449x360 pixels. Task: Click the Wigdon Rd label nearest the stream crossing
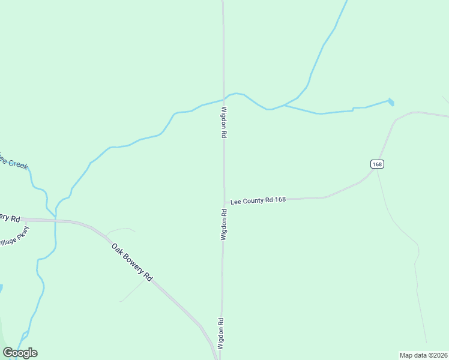pyautogui.click(x=224, y=123)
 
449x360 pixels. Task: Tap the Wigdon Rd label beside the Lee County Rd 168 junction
pyautogui.click(x=223, y=224)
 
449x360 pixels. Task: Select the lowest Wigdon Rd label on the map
pyautogui.click(x=221, y=334)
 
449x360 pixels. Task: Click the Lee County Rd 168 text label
pyautogui.click(x=258, y=200)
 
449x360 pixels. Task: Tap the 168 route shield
pyautogui.click(x=376, y=164)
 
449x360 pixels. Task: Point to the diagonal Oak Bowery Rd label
pyautogui.click(x=131, y=262)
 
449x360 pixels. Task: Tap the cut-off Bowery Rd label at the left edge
pyautogui.click(x=10, y=217)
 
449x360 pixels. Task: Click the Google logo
pyautogui.click(x=20, y=353)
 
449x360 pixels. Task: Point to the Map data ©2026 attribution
pyautogui.click(x=424, y=355)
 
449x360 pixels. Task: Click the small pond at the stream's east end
pyautogui.click(x=391, y=102)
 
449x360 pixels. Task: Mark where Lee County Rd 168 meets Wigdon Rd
pyautogui.click(x=224, y=203)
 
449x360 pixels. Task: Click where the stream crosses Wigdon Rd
pyautogui.click(x=224, y=98)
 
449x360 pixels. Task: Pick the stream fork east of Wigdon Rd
pyautogui.click(x=284, y=105)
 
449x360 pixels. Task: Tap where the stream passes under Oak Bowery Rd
pyautogui.click(x=55, y=220)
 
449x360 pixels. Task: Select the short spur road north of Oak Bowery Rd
pyautogui.click(x=120, y=229)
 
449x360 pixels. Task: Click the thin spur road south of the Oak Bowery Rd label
pyautogui.click(x=133, y=291)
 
